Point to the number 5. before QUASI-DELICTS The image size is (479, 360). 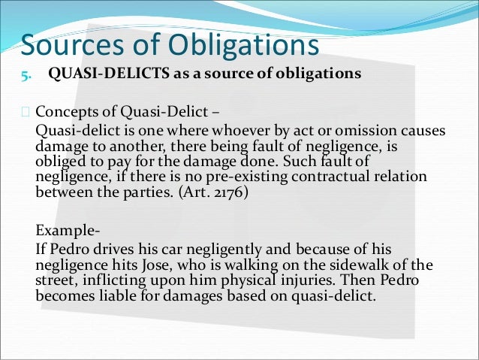(26, 74)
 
